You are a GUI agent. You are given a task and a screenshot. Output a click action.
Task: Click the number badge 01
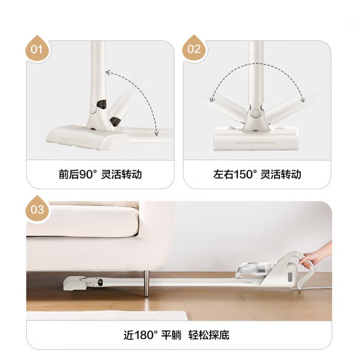38,49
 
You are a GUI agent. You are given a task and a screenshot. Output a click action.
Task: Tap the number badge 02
194,49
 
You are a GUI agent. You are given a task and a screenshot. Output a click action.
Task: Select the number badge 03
38,210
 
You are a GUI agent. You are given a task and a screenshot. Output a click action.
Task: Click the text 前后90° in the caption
78,174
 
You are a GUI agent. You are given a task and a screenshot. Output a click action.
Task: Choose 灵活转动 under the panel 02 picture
282,174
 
